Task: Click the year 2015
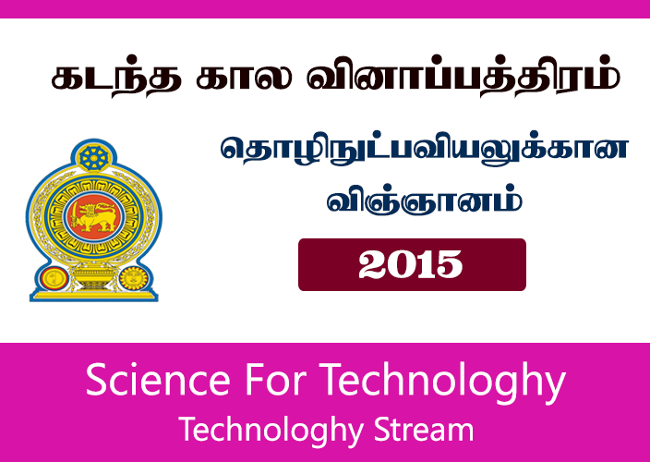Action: point(411,265)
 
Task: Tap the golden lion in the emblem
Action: point(93,218)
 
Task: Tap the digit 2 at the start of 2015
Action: point(373,265)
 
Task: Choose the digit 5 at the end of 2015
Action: point(450,265)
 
